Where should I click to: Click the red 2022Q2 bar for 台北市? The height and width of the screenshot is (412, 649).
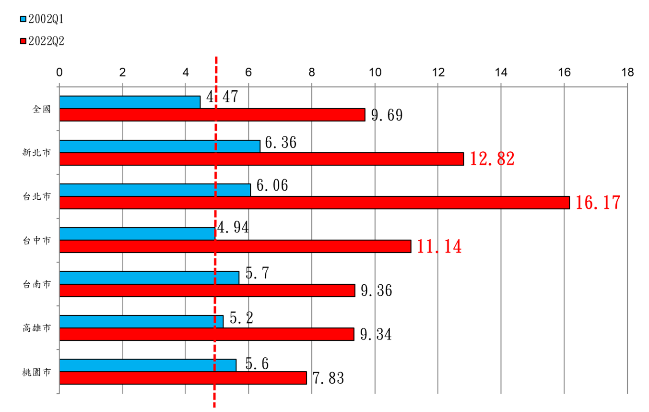click(314, 203)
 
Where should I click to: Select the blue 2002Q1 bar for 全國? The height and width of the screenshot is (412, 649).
click(130, 102)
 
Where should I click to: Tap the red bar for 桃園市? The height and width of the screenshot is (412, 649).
click(183, 378)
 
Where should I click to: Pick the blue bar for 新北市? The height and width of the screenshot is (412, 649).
click(160, 146)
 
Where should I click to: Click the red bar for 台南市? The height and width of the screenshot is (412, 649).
click(207, 291)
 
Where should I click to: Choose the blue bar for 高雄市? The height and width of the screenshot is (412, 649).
click(141, 321)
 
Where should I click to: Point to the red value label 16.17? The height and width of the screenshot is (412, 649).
click(598, 203)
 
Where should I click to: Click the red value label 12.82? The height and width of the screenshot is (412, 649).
click(492, 159)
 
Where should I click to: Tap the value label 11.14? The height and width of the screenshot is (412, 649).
click(439, 247)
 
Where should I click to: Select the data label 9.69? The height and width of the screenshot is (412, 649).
click(386, 115)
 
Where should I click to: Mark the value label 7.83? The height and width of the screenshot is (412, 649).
click(328, 378)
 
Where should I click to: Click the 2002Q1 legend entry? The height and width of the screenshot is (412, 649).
click(42, 19)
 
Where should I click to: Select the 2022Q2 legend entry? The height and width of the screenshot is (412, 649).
click(42, 42)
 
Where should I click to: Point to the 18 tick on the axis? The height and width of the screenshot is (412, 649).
click(627, 73)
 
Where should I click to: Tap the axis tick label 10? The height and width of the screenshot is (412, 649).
click(375, 73)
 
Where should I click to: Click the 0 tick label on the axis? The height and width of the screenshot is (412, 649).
click(59, 73)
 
